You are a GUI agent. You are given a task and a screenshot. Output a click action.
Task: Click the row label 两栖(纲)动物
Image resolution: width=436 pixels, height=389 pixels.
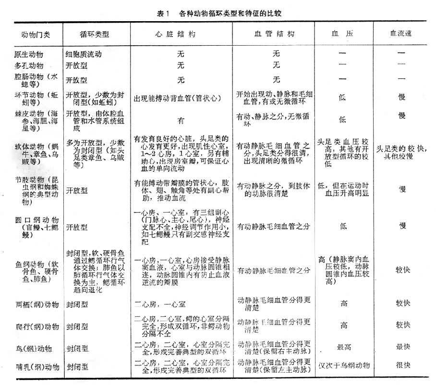(x=38, y=304)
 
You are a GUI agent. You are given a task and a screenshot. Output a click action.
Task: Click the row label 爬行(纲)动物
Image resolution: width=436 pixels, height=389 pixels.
(x=38, y=326)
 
